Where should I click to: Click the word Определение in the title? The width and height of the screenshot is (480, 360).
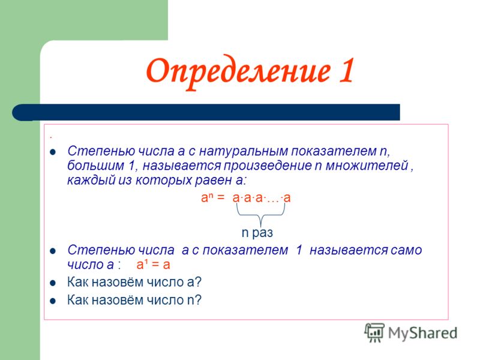238,72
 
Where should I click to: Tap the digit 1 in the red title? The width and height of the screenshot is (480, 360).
346,70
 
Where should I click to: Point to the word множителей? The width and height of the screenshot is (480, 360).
367,166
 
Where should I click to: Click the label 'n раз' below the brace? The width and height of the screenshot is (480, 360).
257,233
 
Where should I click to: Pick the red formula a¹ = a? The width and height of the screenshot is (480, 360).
153,265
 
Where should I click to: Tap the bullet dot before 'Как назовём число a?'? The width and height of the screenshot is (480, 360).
53,283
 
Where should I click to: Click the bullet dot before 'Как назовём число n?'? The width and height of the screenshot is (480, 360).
53,301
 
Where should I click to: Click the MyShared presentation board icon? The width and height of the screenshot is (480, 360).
374,332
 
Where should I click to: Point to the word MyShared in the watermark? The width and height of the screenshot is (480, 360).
422,333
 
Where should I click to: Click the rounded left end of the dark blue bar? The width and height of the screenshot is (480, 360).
19,112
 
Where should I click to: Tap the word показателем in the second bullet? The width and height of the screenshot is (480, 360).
245,250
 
